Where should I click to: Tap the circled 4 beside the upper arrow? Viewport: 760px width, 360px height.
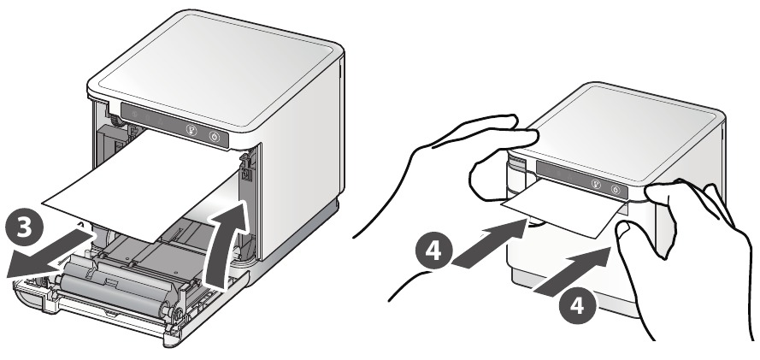coord(434,251)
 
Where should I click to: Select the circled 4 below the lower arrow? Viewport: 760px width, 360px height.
coord(577,306)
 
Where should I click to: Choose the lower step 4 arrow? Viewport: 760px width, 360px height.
coord(572,270)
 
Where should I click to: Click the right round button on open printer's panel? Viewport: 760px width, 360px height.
coord(215,137)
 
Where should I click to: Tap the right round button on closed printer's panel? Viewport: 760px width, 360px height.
coord(616,190)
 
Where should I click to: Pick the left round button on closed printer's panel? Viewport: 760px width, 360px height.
coord(596,184)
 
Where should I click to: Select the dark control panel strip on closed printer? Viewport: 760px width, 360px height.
coord(581,180)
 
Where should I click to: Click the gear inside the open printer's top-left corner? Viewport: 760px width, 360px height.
coord(115,121)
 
